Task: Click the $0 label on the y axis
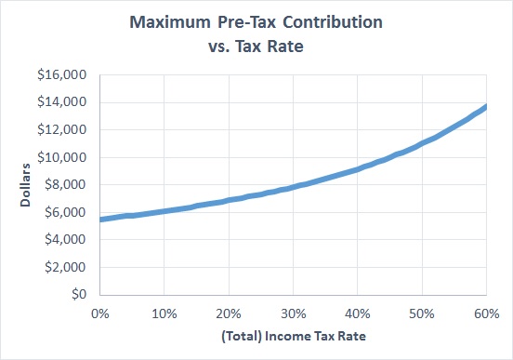(78, 294)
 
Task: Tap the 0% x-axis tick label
(100, 312)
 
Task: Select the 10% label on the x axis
(164, 312)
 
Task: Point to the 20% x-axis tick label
(228, 312)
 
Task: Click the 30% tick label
(292, 312)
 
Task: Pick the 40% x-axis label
(356, 312)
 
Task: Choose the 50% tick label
(420, 312)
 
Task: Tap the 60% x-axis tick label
(484, 312)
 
